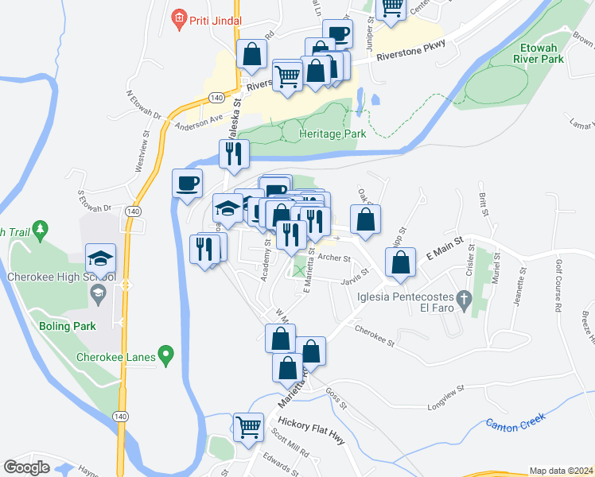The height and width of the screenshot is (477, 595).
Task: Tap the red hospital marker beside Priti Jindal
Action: pos(178,16)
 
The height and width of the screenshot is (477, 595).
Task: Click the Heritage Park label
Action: pos(332,134)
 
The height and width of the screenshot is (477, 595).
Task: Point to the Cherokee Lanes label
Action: pos(115,357)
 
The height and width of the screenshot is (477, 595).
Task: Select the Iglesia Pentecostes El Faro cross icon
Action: pos(467,299)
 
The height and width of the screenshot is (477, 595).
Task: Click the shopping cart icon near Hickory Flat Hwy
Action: pos(249,427)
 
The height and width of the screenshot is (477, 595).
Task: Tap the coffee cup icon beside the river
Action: pos(188,183)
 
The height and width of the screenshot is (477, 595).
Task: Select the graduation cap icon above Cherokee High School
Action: pos(101,258)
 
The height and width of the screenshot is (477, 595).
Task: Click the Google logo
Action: pos(26,467)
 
